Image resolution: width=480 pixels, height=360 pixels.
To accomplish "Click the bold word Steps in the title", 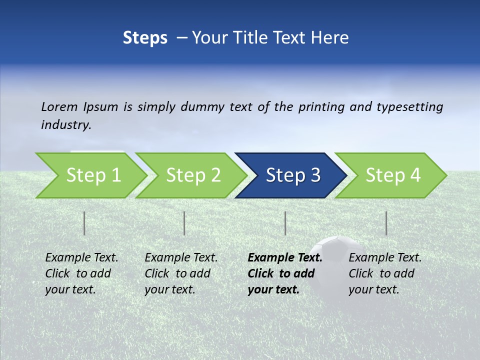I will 145,38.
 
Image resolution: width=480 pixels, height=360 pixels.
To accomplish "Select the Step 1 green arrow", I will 92,175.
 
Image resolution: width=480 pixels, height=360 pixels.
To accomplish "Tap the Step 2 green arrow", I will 192,175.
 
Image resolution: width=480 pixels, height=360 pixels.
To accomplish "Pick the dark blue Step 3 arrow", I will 292,175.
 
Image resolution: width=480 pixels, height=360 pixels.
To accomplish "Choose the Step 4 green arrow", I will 392,175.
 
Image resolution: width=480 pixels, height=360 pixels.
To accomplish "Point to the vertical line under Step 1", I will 84,223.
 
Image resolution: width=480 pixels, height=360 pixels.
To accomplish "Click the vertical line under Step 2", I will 184,223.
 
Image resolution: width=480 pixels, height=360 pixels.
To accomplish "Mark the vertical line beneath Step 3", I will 285,223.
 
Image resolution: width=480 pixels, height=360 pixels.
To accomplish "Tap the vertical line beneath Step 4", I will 386,223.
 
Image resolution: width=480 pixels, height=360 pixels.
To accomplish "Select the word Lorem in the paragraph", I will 59,106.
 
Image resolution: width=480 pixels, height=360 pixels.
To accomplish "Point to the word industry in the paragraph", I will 66,124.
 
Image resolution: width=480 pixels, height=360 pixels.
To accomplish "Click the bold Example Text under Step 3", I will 285,257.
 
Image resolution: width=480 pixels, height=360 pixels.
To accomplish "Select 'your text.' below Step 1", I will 70,289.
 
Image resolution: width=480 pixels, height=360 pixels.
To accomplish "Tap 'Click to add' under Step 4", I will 381,273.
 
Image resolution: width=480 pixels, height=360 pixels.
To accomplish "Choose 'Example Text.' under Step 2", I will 181,257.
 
